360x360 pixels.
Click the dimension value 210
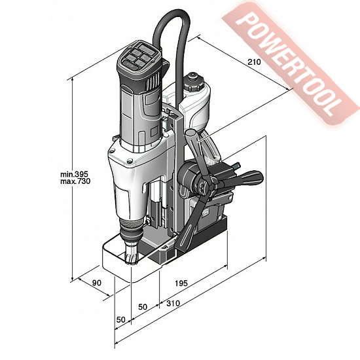254,62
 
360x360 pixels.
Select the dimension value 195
181,283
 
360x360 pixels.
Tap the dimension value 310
173,303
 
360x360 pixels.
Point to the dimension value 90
97,283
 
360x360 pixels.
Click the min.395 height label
74,174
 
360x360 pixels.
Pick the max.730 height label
75,181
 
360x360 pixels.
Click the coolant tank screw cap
194,82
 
